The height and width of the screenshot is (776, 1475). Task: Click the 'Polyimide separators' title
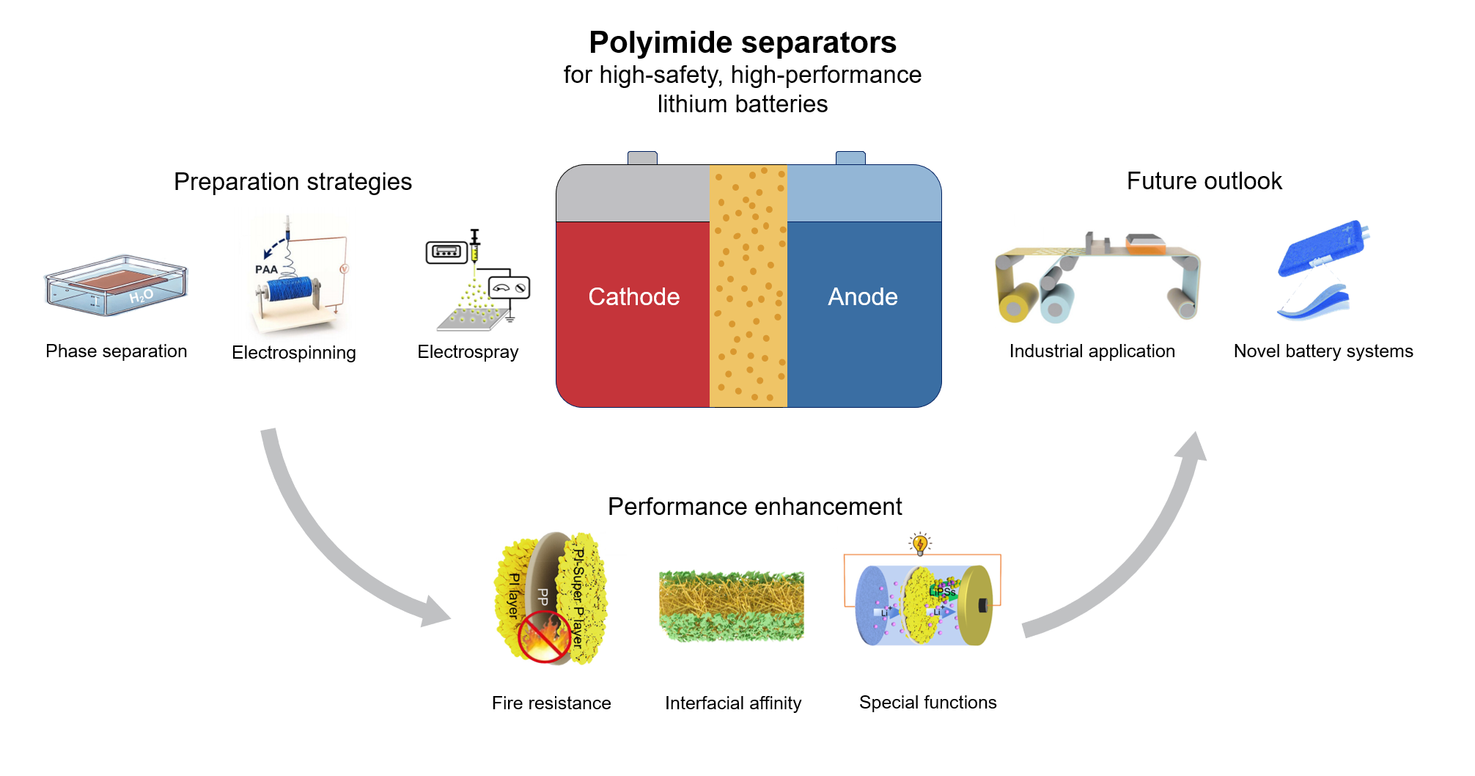742,43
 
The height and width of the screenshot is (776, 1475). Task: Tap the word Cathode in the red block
633,297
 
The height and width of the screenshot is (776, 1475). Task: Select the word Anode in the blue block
862,297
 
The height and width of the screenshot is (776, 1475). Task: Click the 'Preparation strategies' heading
293,182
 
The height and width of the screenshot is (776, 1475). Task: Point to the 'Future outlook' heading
1204,181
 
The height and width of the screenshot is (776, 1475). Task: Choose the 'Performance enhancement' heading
754,507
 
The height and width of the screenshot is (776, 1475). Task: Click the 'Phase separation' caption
116,351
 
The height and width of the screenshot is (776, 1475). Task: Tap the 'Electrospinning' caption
293,353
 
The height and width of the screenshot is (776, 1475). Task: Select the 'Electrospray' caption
468,352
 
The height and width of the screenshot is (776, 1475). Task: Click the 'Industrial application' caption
1092,351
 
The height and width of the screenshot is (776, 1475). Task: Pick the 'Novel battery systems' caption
1323,351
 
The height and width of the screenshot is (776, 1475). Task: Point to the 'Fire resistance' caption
551,703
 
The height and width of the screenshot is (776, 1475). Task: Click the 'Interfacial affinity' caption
733,703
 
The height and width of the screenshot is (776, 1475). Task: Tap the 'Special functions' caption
927,703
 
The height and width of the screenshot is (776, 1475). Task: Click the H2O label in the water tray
141,296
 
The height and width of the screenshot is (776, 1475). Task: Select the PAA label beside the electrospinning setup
266,269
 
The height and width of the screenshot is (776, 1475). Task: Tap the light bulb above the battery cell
920,543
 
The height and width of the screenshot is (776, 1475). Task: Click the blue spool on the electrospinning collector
292,289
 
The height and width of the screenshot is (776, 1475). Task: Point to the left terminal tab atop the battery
642,158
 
